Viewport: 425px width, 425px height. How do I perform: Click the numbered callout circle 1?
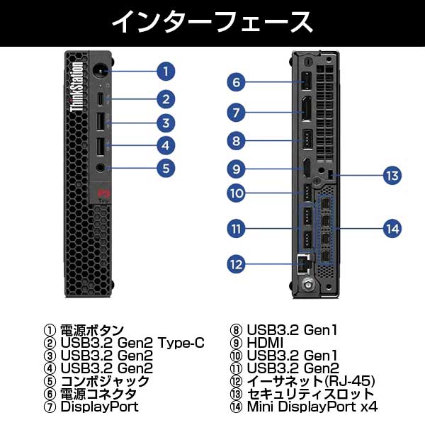165,71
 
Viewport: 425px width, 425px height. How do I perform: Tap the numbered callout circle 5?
165,169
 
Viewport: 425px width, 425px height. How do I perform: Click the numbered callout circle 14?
392,228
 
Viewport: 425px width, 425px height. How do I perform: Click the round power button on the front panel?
100,70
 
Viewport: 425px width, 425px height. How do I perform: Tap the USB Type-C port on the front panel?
100,98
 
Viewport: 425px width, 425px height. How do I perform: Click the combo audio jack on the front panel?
100,169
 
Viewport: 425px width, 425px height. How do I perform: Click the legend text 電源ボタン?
92,331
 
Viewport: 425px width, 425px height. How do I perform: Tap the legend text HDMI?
266,344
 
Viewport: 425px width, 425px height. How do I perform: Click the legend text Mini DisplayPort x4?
312,407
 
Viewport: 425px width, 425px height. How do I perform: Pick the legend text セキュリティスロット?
310,394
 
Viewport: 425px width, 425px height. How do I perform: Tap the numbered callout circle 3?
165,123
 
